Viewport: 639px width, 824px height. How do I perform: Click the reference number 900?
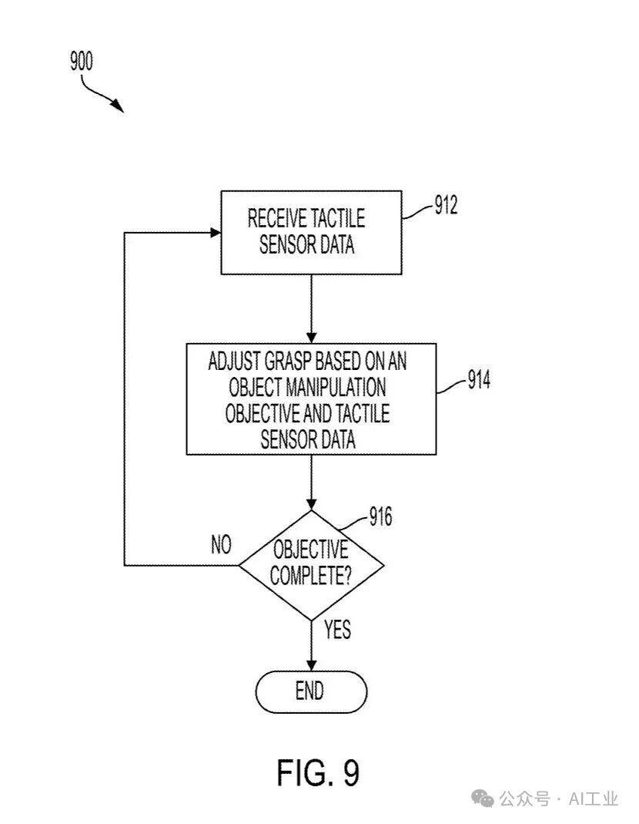81,61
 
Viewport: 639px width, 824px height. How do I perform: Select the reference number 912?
446,207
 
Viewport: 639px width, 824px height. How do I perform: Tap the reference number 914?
478,381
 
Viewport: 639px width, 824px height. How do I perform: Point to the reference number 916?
380,516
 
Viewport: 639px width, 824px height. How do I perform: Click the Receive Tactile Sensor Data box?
312,232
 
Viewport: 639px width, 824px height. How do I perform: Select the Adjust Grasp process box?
312,399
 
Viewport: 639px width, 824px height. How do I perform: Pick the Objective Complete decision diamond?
311,564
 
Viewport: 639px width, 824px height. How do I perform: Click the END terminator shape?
311,691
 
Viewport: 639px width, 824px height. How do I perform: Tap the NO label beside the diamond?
221,545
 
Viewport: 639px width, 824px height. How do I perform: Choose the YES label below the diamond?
337,630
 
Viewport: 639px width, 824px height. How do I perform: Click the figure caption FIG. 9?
318,772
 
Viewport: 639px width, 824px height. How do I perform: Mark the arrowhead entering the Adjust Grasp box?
311,337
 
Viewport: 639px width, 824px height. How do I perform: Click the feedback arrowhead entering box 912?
215,232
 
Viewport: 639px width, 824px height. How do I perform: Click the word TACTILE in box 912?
337,218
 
